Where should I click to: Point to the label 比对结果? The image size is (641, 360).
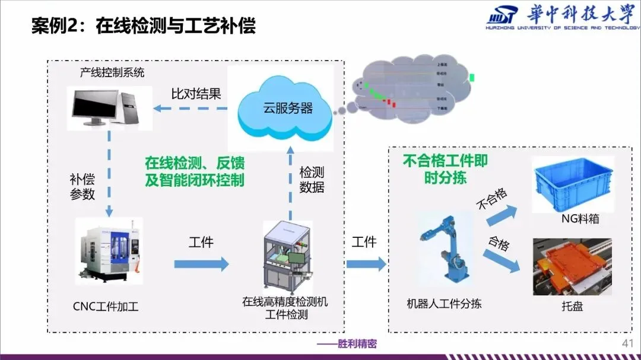196,93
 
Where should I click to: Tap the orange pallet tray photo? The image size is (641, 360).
572,266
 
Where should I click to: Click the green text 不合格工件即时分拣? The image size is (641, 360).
445,169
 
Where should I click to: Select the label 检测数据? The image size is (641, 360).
312,180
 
